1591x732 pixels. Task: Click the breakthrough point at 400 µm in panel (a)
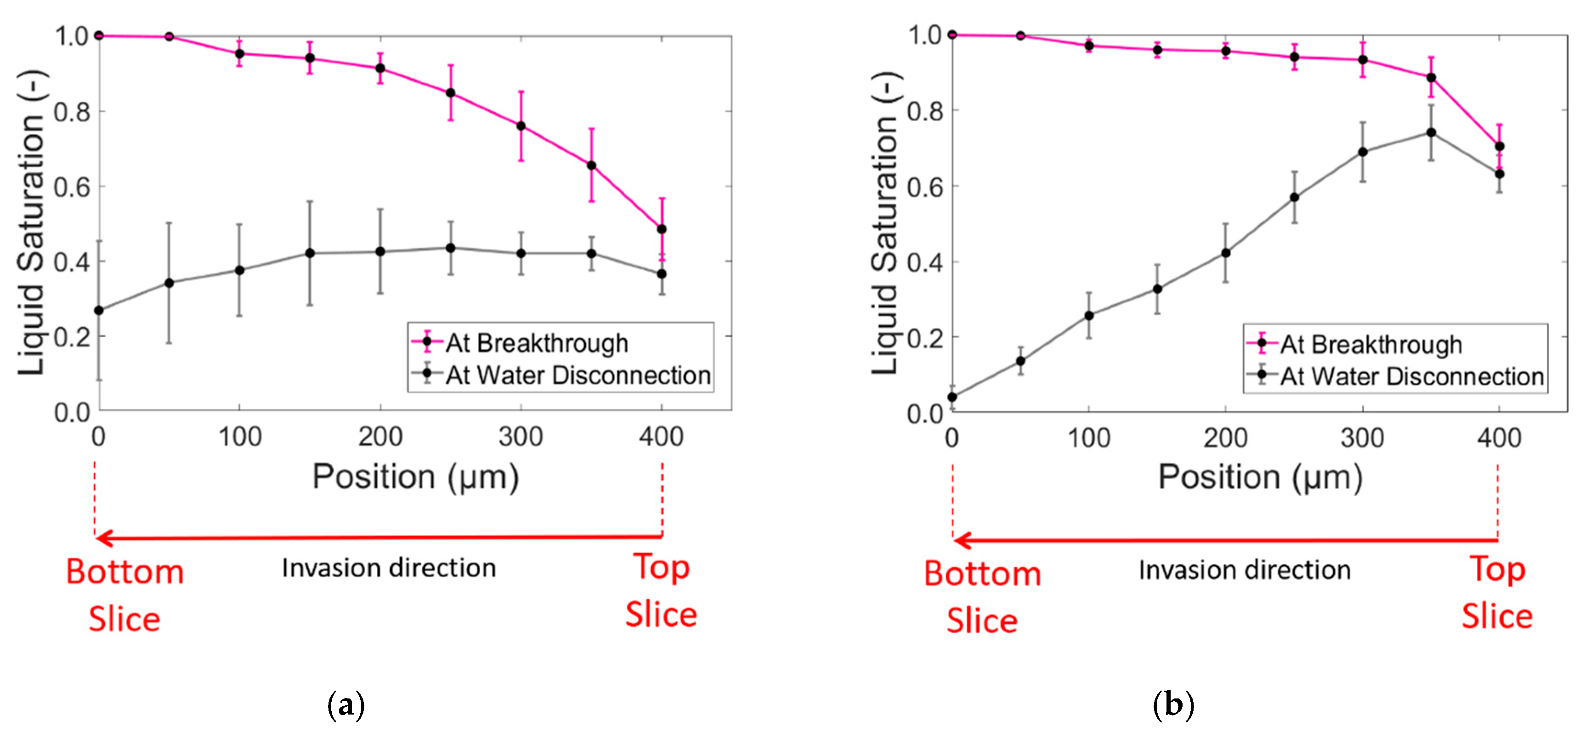coord(662,229)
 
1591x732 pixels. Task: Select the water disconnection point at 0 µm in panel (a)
coord(99,310)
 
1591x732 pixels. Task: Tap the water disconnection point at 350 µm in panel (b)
coord(1430,132)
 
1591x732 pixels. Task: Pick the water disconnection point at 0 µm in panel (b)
coord(952,397)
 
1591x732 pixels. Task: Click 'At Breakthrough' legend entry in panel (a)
coord(536,343)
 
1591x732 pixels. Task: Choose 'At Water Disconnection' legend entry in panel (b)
coord(1412,376)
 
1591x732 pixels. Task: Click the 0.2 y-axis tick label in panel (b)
coord(925,338)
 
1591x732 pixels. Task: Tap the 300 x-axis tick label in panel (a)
coord(521,437)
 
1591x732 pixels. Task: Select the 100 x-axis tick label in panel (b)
coord(1089,438)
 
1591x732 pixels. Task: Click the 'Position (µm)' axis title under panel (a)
coord(415,477)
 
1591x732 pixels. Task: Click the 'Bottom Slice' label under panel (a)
coord(125,594)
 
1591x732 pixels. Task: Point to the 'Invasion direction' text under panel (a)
coord(389,567)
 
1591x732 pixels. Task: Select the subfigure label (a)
coord(346,705)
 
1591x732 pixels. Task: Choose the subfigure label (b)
coord(1173,705)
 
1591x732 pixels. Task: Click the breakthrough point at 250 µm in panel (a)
coord(450,93)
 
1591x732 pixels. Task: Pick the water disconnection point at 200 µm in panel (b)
coord(1225,253)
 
